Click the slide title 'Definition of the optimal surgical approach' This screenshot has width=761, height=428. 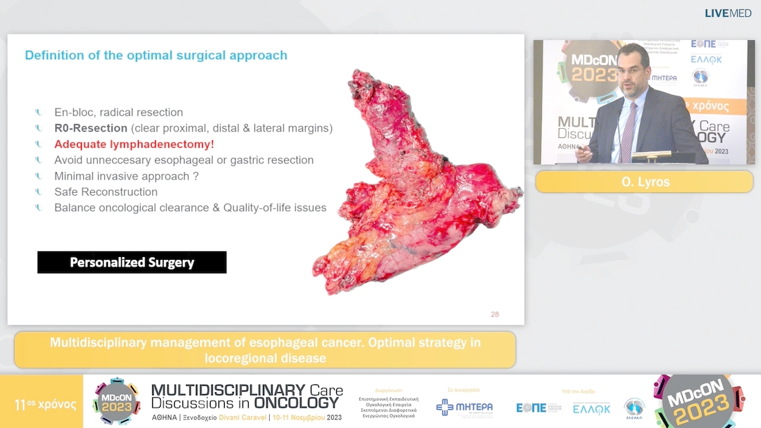pos(156,55)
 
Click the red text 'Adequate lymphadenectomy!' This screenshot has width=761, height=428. pos(134,144)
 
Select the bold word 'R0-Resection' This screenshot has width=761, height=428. pos(91,128)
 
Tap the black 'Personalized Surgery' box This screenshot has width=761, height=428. pos(132,263)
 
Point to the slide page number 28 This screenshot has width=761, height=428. pos(495,314)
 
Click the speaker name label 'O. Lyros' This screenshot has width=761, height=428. pos(644,181)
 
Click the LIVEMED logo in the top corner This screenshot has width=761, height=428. pos(728,13)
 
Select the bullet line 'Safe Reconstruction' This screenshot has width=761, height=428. pos(106,191)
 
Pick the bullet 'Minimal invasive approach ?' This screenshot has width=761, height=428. pos(126,176)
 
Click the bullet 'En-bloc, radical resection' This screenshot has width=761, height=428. pos(118,112)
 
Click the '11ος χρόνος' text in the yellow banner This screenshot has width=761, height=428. pos(45,405)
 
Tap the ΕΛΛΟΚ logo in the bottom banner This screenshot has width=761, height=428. pos(591,408)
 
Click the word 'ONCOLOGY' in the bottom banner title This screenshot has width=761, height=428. pos(298,403)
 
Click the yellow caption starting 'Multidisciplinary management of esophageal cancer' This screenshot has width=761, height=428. pos(265,350)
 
